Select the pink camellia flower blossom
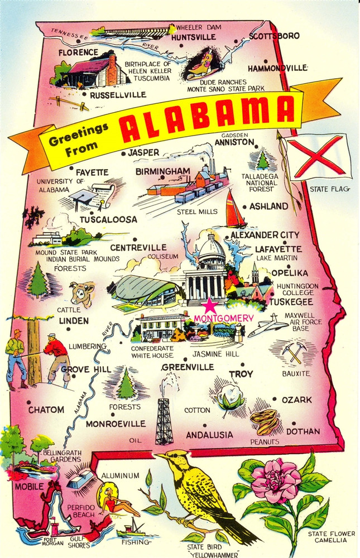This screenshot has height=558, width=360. pos(276,480)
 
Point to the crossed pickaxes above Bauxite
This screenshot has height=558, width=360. pos(292,352)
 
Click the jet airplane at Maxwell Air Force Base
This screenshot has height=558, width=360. pos(268,326)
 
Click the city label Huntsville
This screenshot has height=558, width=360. pos(194,37)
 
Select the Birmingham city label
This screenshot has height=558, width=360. pos(163,170)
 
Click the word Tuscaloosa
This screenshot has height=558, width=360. pos(108,219)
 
